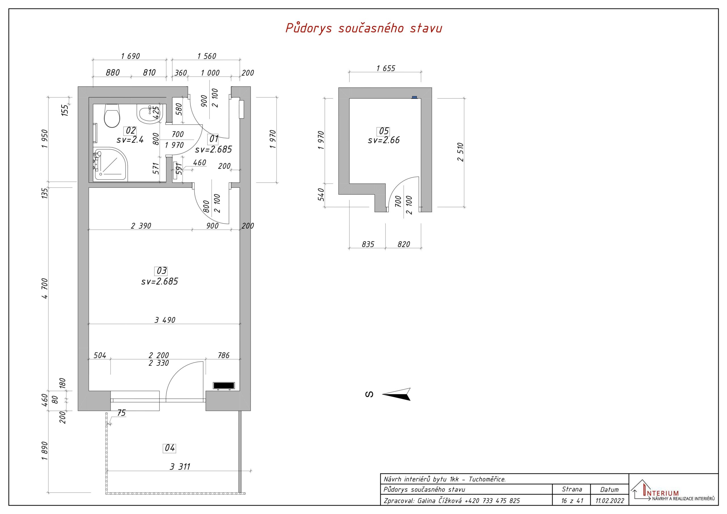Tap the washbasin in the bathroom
tap(150, 114)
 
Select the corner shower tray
tap(110, 164)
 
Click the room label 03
tap(162, 271)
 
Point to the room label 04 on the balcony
tap(170, 448)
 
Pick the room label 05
tap(384, 131)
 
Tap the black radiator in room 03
tap(224, 385)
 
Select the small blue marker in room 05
tap(414, 97)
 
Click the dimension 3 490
tap(165, 320)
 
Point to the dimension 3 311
tap(180, 467)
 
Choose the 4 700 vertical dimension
tap(45, 288)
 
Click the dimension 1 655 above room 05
tap(386, 68)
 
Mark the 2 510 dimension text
tap(460, 152)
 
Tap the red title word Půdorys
tap(309, 28)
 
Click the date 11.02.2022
tap(610, 501)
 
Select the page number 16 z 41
tap(572, 501)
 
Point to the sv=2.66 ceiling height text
tap(384, 140)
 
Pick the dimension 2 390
tap(141, 226)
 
